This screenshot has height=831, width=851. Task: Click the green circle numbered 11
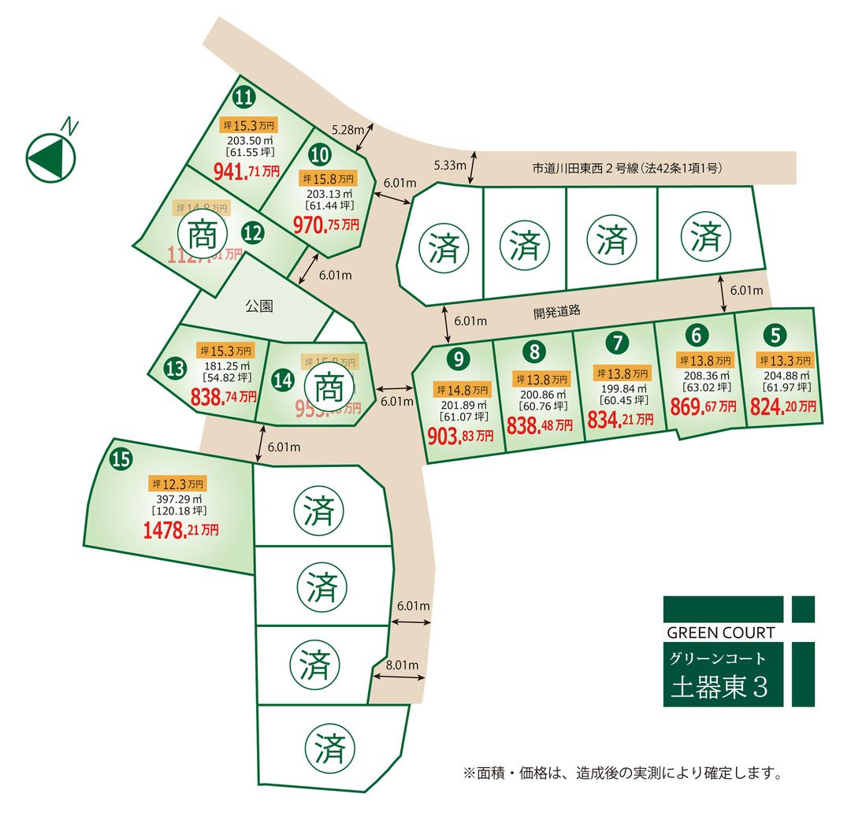point(245,97)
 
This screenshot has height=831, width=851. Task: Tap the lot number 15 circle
point(121,459)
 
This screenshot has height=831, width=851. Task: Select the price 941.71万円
point(247,169)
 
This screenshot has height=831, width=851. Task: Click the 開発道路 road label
point(556,311)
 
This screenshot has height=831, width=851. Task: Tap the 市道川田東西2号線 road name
point(626,168)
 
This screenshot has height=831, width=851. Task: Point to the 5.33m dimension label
point(450,165)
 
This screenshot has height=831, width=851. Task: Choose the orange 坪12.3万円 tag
point(178,484)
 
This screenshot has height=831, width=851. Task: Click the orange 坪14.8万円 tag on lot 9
point(461,390)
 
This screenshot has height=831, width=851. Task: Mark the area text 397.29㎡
point(177,499)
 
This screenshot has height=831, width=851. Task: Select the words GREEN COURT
point(720,633)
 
